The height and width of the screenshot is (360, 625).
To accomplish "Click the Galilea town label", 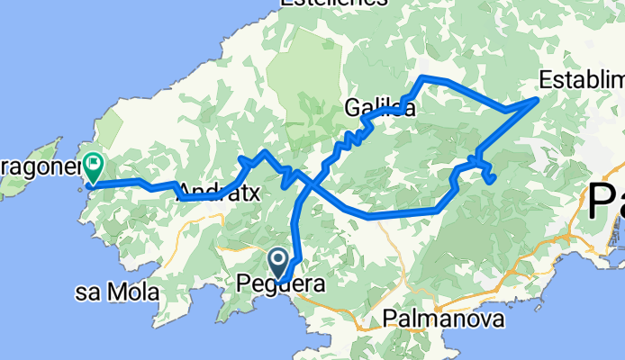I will coord(379,109).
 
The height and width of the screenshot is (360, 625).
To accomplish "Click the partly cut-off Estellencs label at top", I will coord(335,4).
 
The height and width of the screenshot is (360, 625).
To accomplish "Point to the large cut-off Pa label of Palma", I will coord(606,202).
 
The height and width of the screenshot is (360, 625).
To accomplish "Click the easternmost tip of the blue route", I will coord(538,98).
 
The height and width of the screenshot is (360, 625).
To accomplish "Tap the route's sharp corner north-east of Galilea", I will coord(423,78).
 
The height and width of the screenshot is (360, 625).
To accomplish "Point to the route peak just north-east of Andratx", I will coord(263,153).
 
